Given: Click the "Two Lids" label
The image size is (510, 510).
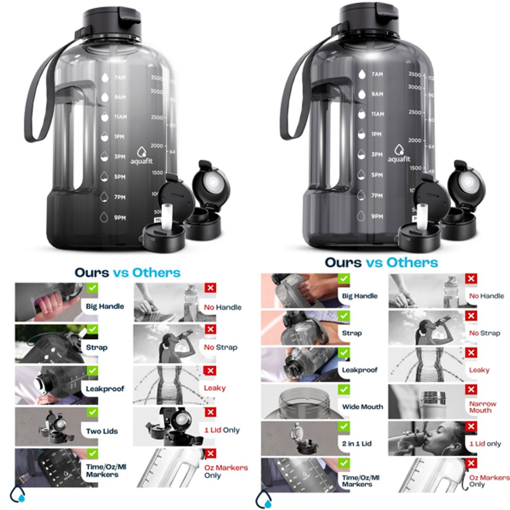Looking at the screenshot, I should pos(102,431).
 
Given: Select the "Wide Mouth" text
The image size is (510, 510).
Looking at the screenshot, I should pos(363,407).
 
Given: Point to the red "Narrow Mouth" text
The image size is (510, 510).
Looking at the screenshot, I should pos(483,407).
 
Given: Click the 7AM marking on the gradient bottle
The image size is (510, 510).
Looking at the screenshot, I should pos(120,77).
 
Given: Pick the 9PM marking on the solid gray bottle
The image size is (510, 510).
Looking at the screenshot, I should pos(376,216).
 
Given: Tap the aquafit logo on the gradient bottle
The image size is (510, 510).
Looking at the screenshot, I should pos(142,156).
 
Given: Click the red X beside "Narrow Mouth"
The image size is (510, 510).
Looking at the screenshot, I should pos(471,390).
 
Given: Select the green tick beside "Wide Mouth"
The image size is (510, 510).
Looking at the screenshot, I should pos(344,390).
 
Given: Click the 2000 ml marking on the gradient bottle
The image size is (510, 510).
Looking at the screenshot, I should pos(156,146).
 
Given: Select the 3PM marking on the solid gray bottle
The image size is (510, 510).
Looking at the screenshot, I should pos(376,154).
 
